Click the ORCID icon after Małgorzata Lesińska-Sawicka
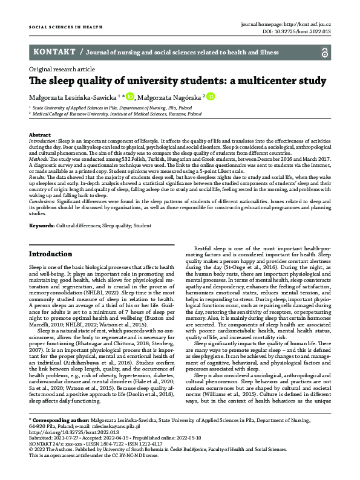point(130,96)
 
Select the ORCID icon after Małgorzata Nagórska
point(211,96)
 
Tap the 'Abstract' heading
point(40,134)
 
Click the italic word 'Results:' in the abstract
point(39,177)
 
